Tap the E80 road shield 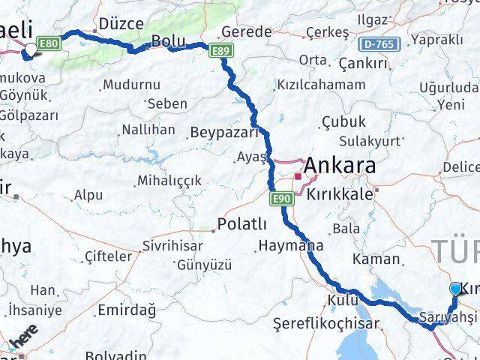[x=49, y=44]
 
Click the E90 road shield [x=281, y=197]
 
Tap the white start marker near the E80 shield [x=30, y=49]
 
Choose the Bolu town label [x=168, y=41]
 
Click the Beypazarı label [x=223, y=133]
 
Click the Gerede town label [x=246, y=31]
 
